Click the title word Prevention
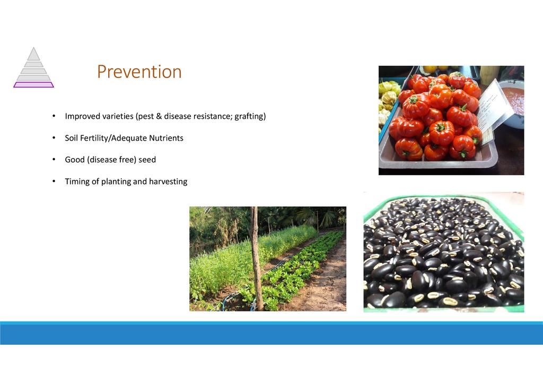pos(139,72)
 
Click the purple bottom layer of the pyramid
pos(33,85)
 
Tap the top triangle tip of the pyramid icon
pos(33,47)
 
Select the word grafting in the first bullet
pos(250,116)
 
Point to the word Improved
pos(82,116)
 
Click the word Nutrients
pos(166,138)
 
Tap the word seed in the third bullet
pos(147,160)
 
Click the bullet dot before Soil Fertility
pos(54,138)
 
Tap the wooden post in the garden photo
pos(256,258)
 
